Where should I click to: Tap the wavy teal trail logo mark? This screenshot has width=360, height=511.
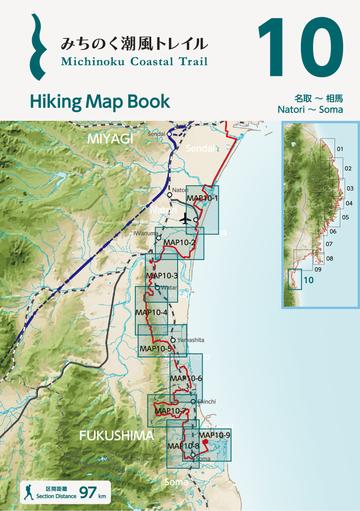[x=37, y=45]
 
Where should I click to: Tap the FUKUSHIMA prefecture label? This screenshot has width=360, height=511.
[x=117, y=436]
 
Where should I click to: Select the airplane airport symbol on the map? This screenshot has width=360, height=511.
[x=187, y=219]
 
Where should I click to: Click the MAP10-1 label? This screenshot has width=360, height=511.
[x=203, y=199]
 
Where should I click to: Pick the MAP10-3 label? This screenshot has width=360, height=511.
[x=161, y=276]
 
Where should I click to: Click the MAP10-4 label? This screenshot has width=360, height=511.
[x=151, y=312]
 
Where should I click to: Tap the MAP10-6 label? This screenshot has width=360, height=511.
[x=186, y=378]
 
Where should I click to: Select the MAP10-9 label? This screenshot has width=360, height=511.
[x=215, y=434]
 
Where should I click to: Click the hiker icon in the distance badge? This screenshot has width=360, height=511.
[x=30, y=492]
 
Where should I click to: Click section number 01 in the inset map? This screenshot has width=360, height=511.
[x=339, y=149]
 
